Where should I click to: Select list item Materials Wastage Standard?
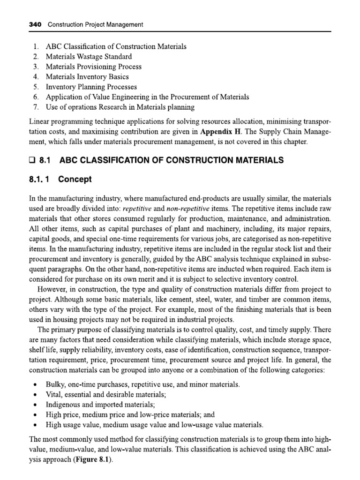89,57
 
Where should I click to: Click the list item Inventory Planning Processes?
91,87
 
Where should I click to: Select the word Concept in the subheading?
75,180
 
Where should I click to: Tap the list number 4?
36,77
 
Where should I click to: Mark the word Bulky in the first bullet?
55,384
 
